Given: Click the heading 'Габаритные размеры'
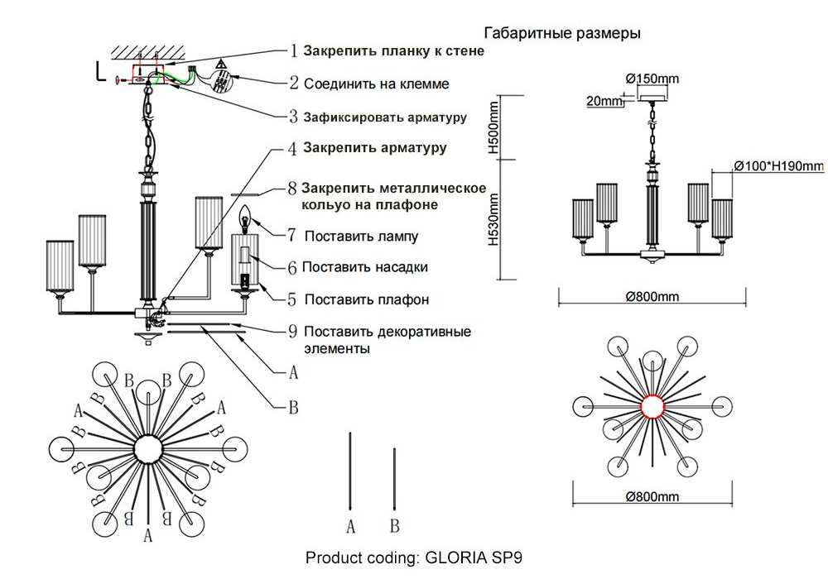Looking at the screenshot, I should click(x=561, y=34).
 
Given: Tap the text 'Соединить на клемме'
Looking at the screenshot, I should click(x=376, y=84).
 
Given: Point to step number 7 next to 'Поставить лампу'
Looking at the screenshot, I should click(x=292, y=236).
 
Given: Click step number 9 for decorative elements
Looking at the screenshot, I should click(x=292, y=332).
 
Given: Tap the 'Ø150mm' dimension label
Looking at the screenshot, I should click(x=652, y=79).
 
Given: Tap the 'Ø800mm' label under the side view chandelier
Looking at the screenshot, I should click(x=652, y=296).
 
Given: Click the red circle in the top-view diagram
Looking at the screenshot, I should click(x=653, y=407).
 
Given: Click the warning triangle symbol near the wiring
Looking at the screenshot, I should click(x=222, y=65).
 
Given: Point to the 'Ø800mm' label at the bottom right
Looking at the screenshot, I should click(x=652, y=496).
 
